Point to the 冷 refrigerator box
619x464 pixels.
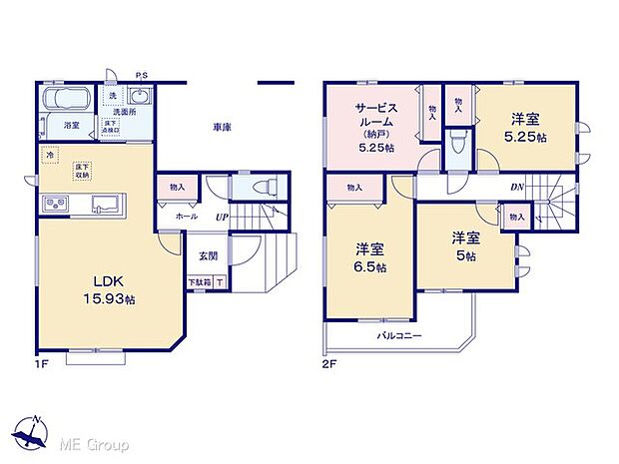[x=49, y=156]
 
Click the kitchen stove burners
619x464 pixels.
[x=54, y=206]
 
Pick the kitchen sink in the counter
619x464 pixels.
[x=104, y=206]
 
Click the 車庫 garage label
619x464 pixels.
[x=222, y=128]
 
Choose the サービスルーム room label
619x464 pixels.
[x=375, y=124]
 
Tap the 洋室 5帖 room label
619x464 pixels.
[x=462, y=244]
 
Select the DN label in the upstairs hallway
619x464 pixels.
[x=517, y=187]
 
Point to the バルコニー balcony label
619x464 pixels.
[x=399, y=335]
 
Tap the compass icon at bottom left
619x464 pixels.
[x=30, y=433]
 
